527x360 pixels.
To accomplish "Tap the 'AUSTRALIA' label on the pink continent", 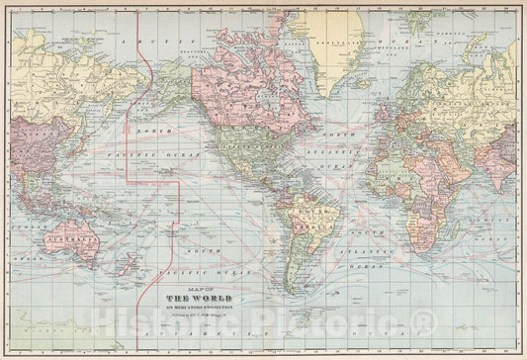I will point(75,238).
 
